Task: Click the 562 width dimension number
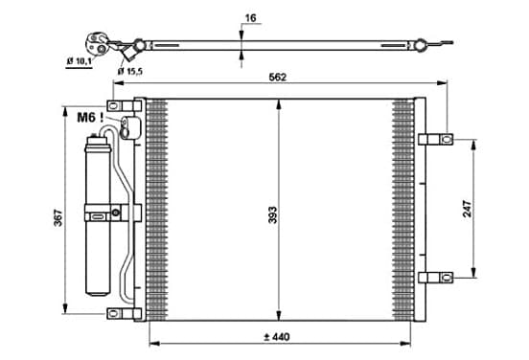[x=277, y=78]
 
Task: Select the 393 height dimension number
[x=272, y=215]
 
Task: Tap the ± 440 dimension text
[x=277, y=337]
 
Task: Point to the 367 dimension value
[x=58, y=217]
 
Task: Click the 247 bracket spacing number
[x=468, y=209]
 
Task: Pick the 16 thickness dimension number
[x=250, y=18]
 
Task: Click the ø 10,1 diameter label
[x=79, y=61]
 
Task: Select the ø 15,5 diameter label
[x=130, y=71]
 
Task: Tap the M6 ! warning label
[x=90, y=118]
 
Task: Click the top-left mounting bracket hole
[x=114, y=106]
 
